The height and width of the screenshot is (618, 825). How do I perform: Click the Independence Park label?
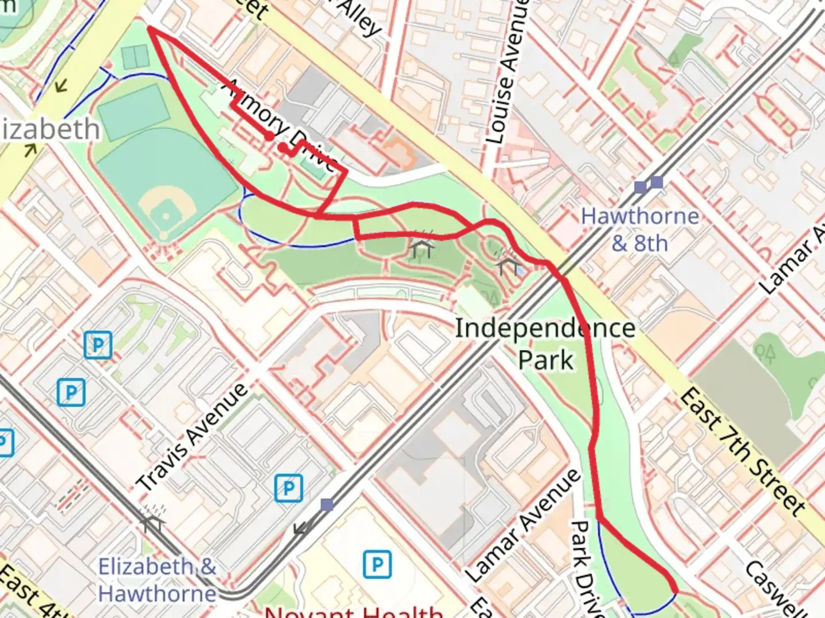[x=545, y=344]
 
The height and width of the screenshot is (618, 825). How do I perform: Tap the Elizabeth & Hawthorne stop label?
[x=157, y=580]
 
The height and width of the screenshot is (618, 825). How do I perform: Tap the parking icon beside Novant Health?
[x=377, y=564]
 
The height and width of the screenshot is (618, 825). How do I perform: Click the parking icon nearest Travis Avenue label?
[x=289, y=488]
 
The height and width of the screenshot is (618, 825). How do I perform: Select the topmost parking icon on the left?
[x=97, y=345]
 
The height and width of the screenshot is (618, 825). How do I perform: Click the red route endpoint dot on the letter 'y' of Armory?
[x=269, y=136]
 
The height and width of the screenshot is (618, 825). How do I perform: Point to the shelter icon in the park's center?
[x=422, y=247]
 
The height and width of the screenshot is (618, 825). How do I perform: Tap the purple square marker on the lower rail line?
[x=327, y=505]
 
